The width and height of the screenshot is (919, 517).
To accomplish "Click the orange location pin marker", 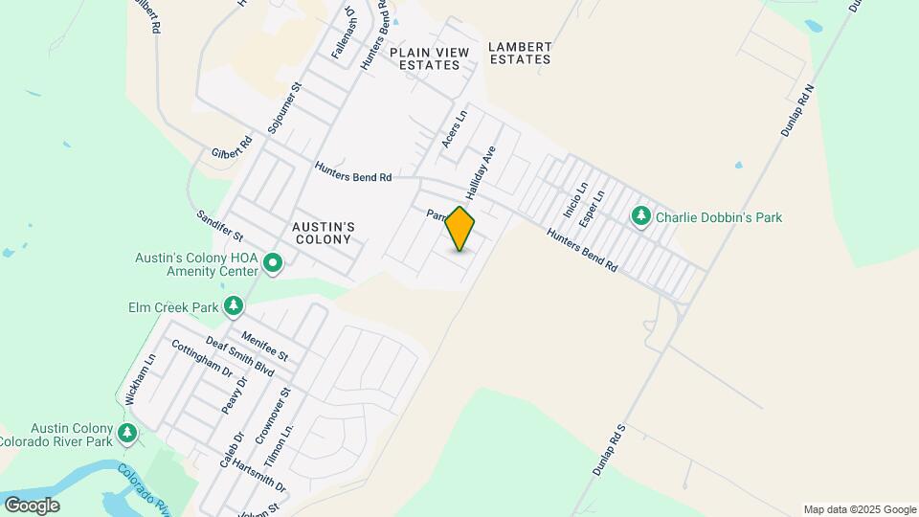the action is click(460, 229).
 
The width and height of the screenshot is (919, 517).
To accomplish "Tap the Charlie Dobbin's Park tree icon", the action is click(641, 217).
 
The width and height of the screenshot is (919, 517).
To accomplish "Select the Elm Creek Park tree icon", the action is click(233, 306).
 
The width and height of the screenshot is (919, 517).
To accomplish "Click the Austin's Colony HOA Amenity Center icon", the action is click(273, 262).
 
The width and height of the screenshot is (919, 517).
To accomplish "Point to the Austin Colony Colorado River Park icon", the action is click(127, 434).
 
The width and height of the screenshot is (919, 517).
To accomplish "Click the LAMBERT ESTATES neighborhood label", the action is click(520, 53).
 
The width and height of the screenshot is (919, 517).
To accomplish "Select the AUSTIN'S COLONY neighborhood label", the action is click(324, 233).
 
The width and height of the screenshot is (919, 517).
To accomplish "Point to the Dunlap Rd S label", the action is click(608, 450).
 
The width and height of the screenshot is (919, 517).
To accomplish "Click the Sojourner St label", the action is click(285, 106).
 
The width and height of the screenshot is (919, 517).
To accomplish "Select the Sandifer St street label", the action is click(220, 226).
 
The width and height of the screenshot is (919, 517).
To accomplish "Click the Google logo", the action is click(32, 506).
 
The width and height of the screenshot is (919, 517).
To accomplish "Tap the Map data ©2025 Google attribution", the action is click(860, 509).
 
